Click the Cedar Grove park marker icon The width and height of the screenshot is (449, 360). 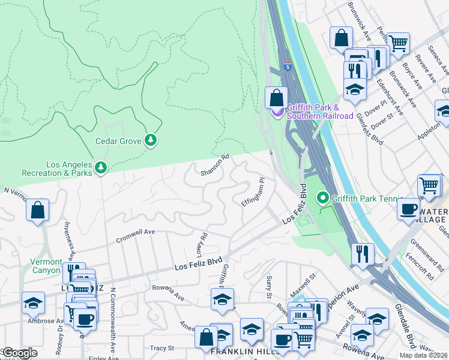tap(151, 141)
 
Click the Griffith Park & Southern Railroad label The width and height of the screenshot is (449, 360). tap(319, 111)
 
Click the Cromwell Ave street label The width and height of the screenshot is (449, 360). tap(135, 232)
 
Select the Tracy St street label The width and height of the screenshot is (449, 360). tap(161, 348)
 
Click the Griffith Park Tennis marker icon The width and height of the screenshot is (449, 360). tap(323, 197)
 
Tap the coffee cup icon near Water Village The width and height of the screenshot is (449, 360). tap(408, 208)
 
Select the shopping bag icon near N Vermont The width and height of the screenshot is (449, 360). tap(37, 210)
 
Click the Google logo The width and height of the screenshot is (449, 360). tap(20, 353)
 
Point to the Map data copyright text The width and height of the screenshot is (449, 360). tap(423, 355)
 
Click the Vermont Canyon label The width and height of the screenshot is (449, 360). tap(46, 266)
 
